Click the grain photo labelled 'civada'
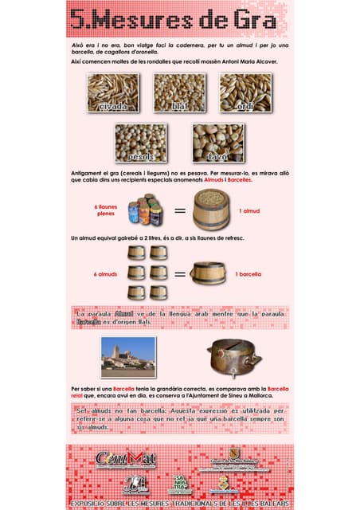coord(113,92)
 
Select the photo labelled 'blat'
coord(178,92)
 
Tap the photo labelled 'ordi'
coord(245,92)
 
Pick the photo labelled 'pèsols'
coord(141,143)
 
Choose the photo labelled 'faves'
coord(217,143)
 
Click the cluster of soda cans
coord(145,210)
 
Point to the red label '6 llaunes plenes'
coord(106,210)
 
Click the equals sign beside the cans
coord(181,211)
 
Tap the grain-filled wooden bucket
coord(213,209)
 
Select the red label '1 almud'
coord(248,211)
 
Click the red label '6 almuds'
coord(106,274)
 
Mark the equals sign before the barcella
coord(181,274)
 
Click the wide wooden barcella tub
coord(209,273)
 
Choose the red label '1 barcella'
coord(249,274)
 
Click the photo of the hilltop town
coord(128,357)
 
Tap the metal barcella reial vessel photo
coord(233,356)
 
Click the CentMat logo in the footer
coord(125,460)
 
